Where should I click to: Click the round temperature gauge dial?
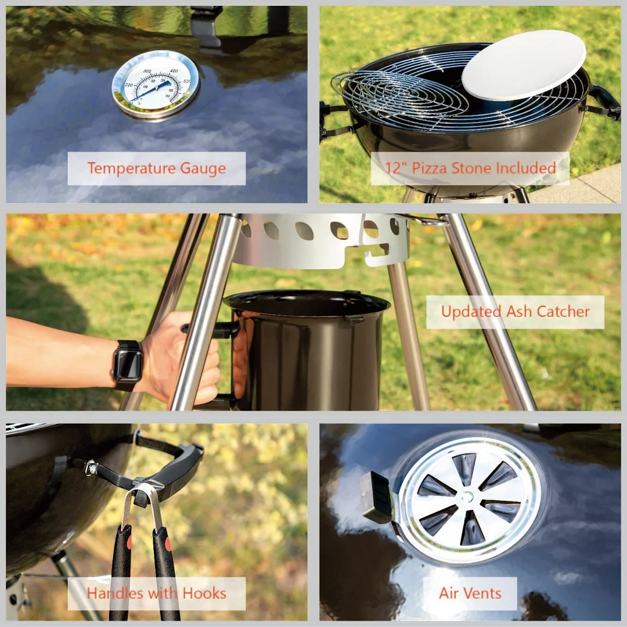(156, 85)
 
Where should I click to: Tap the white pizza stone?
(524, 65)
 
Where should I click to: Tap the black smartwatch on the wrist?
(127, 364)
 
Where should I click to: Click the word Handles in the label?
(114, 593)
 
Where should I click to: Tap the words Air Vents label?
(470, 593)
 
